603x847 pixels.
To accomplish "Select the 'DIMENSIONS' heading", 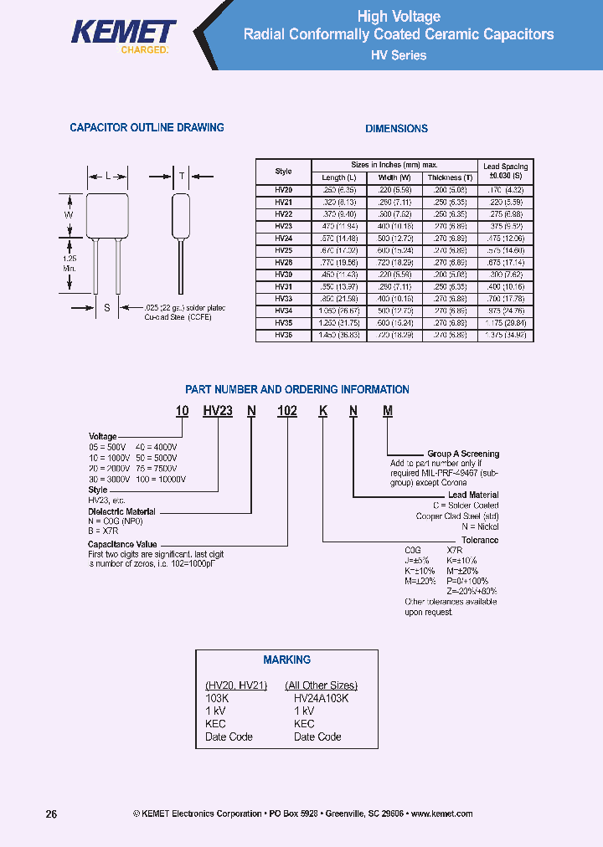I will [397, 129].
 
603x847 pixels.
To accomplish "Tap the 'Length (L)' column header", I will [338, 177].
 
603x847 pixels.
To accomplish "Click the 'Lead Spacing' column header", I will [506, 172].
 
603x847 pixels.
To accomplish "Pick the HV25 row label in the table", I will [283, 249].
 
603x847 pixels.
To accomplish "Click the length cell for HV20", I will [338, 190].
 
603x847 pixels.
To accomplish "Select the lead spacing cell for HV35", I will [506, 322].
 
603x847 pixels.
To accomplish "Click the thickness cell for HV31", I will [450, 286].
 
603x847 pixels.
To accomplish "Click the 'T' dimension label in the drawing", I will [182, 177].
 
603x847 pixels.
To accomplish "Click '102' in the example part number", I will [286, 411].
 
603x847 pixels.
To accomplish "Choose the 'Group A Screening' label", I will [463, 454].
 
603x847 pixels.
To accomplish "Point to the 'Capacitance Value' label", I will [125, 544].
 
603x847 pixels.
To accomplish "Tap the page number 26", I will [51, 814].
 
